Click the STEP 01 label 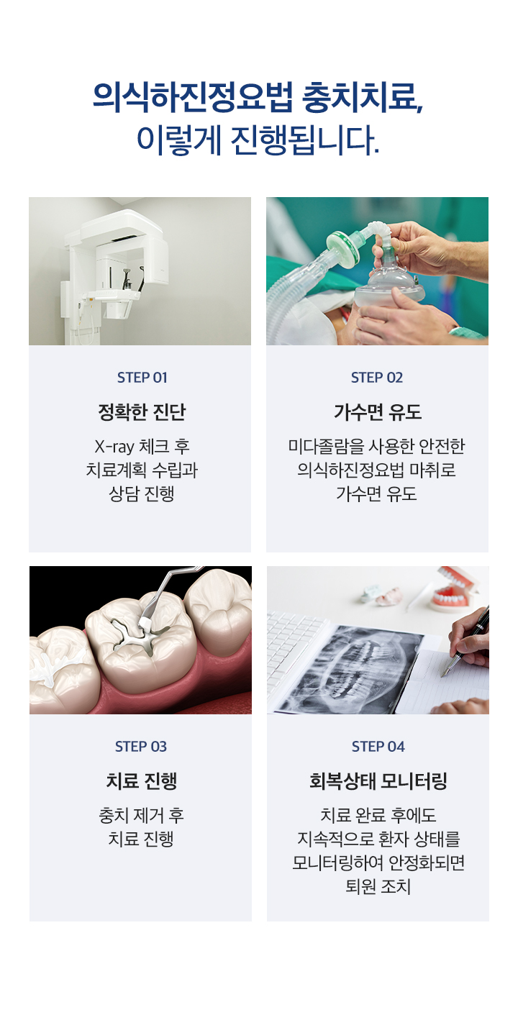coord(142,378)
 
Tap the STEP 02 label coord(377,378)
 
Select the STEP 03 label coord(141,747)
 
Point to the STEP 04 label coord(378,747)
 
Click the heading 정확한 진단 coord(142,412)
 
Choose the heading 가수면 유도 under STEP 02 coord(377,412)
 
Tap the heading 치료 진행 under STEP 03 coord(141,781)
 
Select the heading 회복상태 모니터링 coord(378,781)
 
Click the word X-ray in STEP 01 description coord(114,447)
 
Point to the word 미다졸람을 coord(321,447)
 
